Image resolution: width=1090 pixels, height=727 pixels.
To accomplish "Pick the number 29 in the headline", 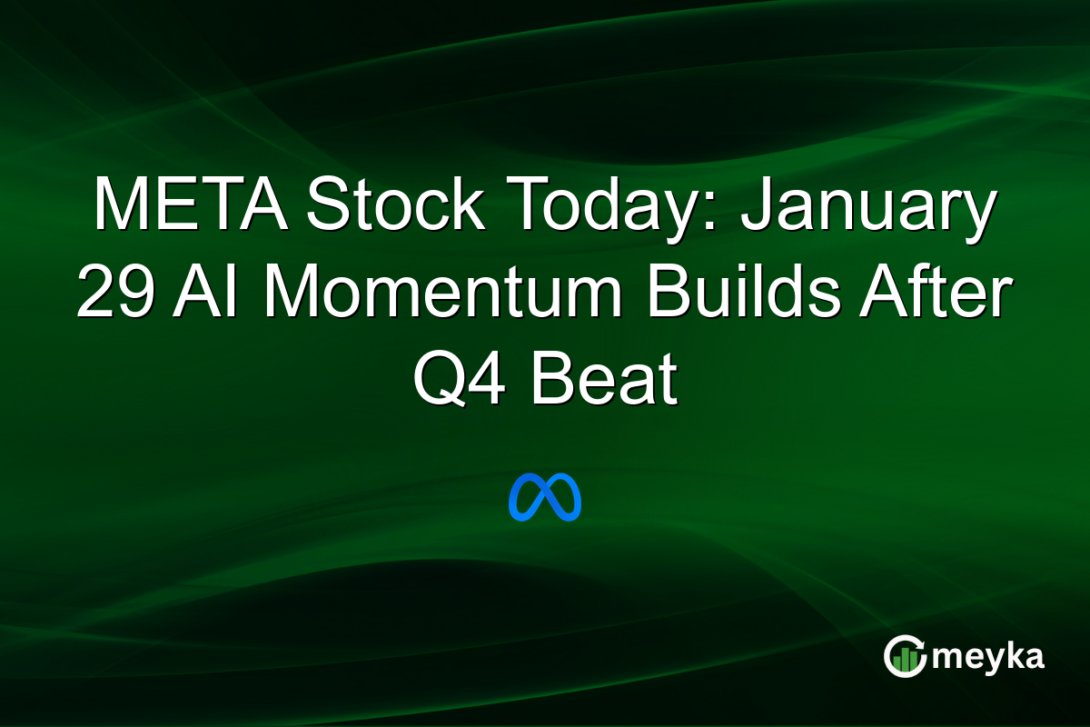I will [113, 293].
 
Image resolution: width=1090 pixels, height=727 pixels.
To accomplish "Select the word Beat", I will [603, 380].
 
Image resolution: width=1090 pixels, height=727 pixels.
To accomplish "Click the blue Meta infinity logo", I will [545, 497].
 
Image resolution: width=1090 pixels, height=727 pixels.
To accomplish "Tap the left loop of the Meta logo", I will [526, 498].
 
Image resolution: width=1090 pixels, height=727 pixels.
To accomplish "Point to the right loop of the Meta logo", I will [564, 498].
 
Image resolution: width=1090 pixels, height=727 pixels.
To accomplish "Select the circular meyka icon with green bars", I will [904, 656].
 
